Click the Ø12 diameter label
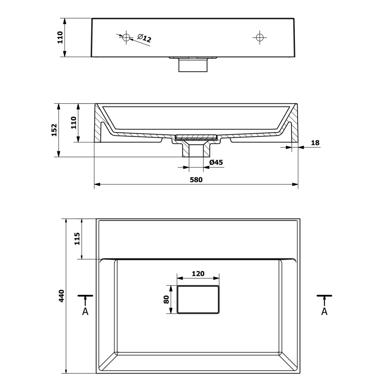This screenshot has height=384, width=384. tap(144, 38)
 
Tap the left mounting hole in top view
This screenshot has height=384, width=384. tap(126, 38)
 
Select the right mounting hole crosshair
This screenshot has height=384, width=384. tap(260, 38)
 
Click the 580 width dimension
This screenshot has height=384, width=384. tap(196, 180)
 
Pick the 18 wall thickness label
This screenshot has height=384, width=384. tap(315, 142)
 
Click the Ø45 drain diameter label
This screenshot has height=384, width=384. tap(216, 162)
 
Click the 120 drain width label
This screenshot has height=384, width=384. tap(198, 273)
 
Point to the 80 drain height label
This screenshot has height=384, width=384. tap(166, 299)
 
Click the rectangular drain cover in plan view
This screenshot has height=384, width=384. tap(198, 299)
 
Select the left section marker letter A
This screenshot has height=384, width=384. tap(85, 311)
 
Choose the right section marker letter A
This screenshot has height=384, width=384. tap(324, 311)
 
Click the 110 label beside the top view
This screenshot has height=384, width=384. tap(60, 38)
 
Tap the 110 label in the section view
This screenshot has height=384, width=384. tap(73, 123)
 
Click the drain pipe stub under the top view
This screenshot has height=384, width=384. tap(193, 65)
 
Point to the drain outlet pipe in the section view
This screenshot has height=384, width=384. tap(196, 150)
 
